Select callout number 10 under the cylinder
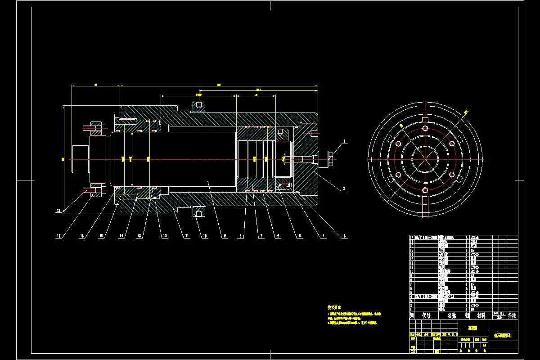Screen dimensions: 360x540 click(204, 235)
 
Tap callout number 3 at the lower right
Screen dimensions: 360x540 click(345, 235)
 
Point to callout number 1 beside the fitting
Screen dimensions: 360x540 click(345, 141)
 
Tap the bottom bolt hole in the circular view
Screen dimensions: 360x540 click(425, 190)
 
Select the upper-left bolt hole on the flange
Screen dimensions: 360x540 click(398, 144)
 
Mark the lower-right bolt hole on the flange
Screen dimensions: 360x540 click(451, 175)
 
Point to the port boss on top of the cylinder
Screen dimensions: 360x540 click(199, 107)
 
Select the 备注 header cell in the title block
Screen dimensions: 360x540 click(512, 315)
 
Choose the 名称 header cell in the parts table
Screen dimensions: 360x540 click(451, 315)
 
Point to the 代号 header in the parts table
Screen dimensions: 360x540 click(426, 315)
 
